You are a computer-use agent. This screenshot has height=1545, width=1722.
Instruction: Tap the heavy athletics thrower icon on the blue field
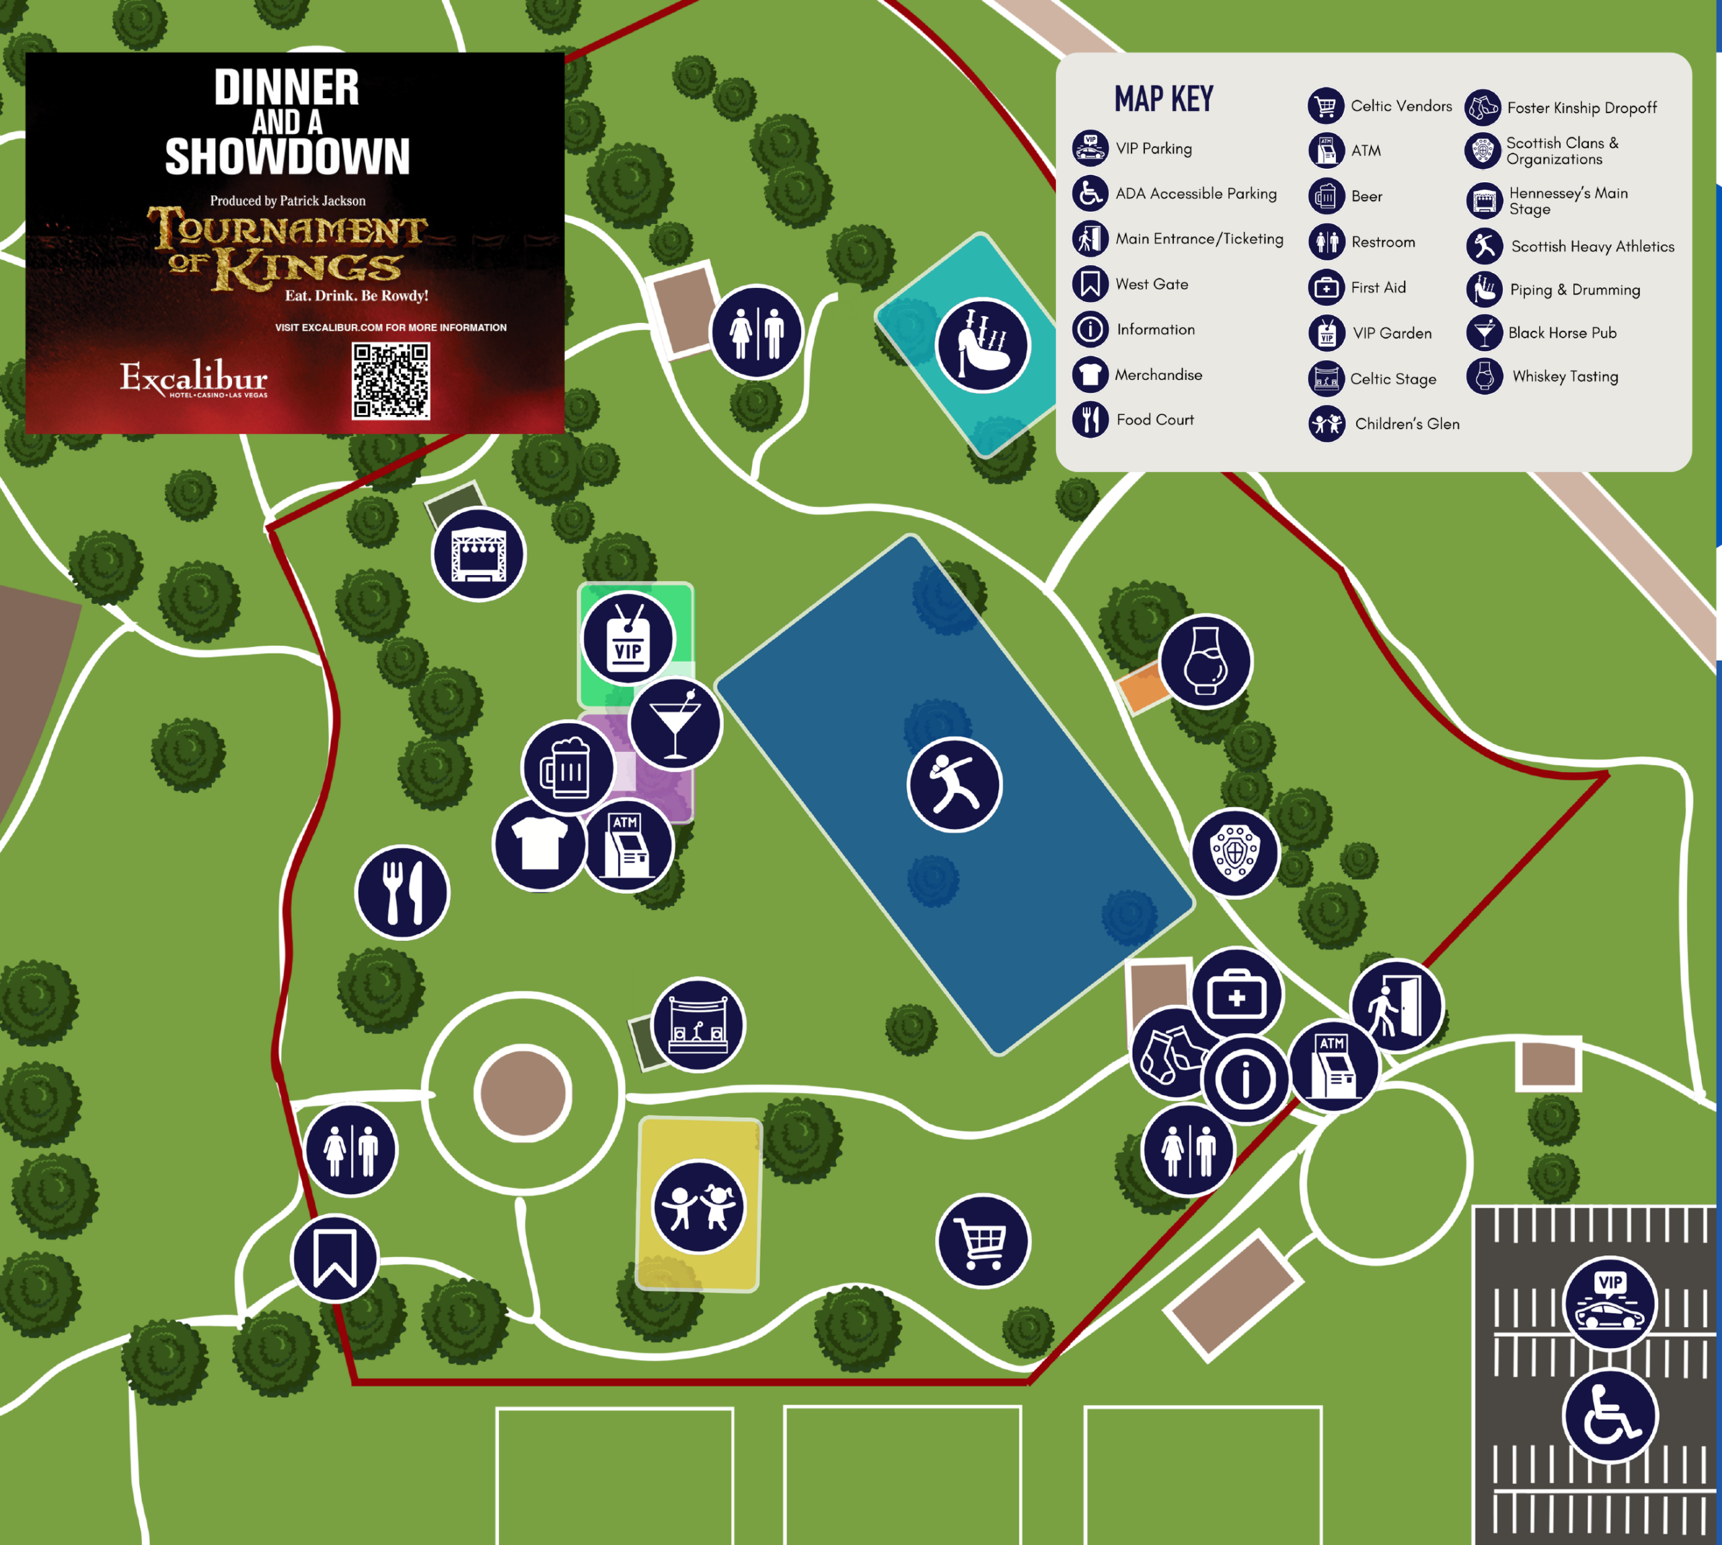(x=954, y=784)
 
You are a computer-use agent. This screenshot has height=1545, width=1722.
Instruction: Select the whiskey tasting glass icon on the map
(x=1205, y=661)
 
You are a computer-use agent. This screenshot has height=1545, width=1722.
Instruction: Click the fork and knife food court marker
(x=402, y=892)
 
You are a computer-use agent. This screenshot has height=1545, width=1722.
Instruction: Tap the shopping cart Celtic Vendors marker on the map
(x=983, y=1241)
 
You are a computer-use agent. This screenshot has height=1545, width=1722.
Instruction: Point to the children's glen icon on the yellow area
(x=698, y=1206)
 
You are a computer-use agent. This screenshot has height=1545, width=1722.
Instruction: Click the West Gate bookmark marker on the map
(x=334, y=1258)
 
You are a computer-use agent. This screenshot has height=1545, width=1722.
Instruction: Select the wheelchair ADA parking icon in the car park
(x=1609, y=1415)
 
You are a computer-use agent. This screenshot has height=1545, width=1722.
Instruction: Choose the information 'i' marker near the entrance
(x=1245, y=1079)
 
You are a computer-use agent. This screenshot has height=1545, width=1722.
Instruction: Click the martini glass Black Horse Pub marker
(x=675, y=724)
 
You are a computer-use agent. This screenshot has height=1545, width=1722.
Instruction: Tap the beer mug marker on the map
(x=567, y=767)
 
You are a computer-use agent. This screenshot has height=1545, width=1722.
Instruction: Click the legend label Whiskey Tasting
(x=1564, y=376)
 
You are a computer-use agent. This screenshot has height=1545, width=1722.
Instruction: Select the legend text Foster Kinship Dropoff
(x=1581, y=108)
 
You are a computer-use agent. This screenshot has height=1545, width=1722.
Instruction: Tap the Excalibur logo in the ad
(x=194, y=378)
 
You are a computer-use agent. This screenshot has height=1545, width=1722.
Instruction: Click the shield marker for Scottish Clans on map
(x=1234, y=852)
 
